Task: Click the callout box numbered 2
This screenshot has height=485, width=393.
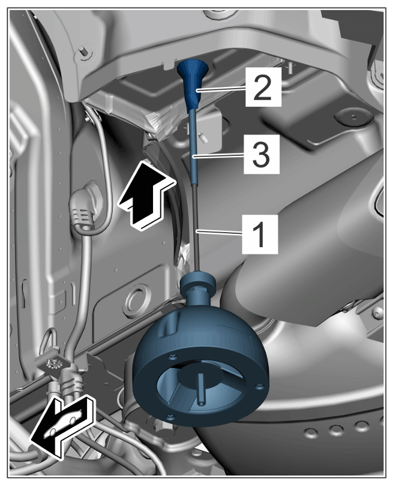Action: click(x=263, y=88)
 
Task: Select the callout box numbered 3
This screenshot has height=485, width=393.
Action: click(x=262, y=153)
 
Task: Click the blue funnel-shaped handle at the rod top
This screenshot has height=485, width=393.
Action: click(x=192, y=82)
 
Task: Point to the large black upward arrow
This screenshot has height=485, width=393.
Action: click(x=146, y=195)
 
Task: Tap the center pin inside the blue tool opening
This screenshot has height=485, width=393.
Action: click(x=201, y=390)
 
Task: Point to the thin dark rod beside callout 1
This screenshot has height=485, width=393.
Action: click(x=196, y=229)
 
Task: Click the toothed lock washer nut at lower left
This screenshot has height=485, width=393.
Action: click(x=52, y=362)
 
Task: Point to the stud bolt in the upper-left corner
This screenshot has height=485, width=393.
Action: click(x=85, y=52)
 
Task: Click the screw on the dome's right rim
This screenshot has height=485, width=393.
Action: click(x=260, y=385)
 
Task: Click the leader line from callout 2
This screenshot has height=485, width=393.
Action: click(x=221, y=90)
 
